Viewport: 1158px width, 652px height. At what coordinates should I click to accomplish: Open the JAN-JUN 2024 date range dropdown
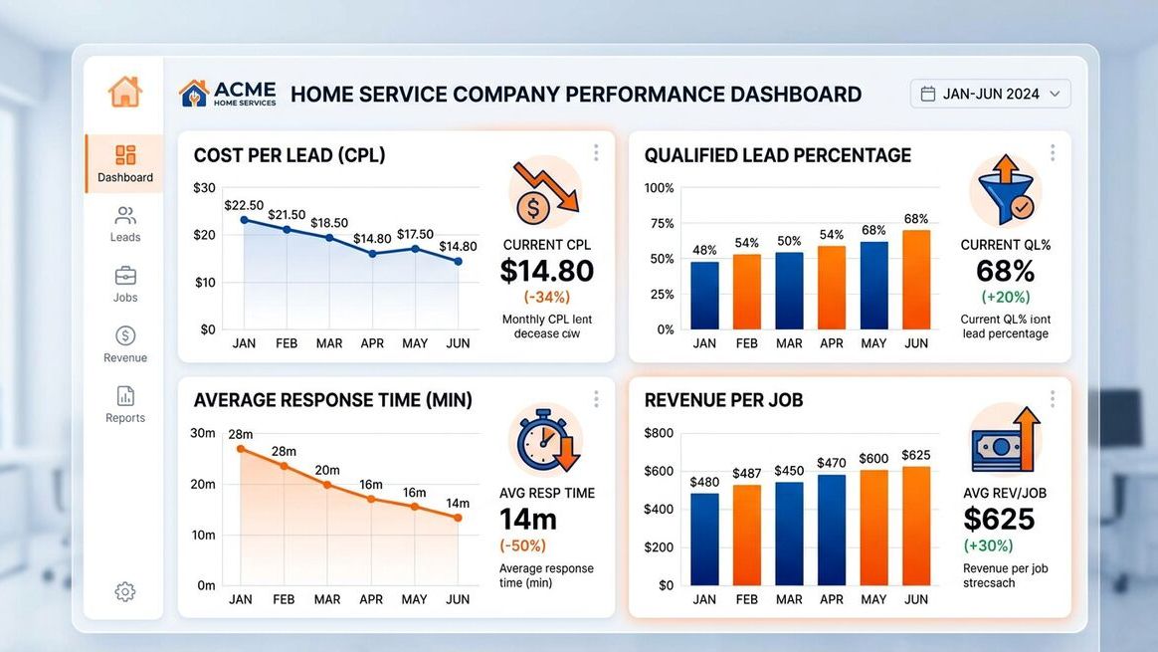tap(990, 94)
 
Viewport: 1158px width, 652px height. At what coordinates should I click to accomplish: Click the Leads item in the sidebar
tap(125, 224)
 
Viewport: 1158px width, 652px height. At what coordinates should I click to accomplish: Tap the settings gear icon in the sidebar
tap(125, 592)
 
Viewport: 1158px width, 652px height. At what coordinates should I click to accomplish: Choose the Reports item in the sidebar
tap(125, 404)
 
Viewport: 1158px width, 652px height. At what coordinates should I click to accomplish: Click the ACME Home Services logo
tap(228, 94)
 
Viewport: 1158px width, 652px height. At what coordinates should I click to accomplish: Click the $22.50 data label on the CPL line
tap(244, 205)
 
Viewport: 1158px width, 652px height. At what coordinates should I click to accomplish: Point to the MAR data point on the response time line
tap(327, 485)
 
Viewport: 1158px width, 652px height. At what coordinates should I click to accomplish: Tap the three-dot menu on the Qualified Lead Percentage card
tap(1052, 152)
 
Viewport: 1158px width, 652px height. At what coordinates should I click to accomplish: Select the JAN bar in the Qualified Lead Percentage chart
tap(704, 295)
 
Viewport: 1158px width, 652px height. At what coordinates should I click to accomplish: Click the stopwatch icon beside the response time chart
tap(545, 439)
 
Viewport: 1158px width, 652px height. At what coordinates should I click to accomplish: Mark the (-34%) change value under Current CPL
tap(546, 297)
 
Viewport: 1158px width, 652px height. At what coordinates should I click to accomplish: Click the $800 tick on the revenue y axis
tap(659, 433)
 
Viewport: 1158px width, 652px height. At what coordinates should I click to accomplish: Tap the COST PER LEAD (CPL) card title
tap(289, 155)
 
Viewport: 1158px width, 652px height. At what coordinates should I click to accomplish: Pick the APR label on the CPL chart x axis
tap(372, 343)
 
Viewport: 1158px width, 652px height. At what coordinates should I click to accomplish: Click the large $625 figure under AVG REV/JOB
tap(999, 519)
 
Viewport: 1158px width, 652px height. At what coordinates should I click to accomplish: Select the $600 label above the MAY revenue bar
tap(873, 459)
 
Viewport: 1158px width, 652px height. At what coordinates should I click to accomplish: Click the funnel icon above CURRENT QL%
tap(1005, 190)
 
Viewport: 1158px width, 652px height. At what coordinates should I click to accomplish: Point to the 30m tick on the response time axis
tap(203, 433)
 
